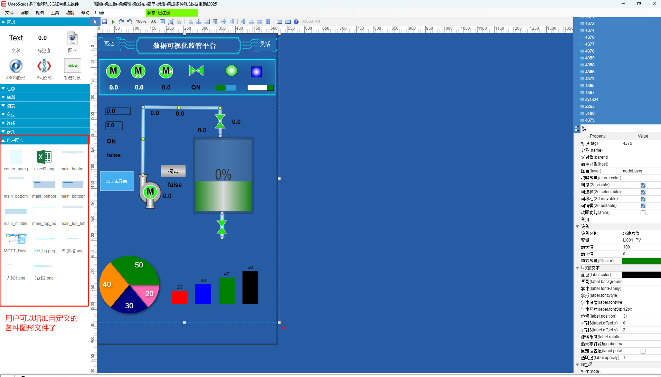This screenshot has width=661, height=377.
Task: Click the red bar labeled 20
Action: coord(179,297)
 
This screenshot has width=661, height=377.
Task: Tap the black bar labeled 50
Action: coord(250,288)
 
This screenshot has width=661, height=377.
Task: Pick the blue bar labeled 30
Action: coord(203,294)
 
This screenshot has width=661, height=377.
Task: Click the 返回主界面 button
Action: coord(117,181)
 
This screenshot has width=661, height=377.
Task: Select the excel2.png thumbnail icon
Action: coord(44,157)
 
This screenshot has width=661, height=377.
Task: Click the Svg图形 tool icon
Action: coord(44,66)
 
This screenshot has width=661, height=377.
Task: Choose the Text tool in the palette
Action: coord(16,38)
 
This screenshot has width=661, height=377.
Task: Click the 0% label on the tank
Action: coord(223,175)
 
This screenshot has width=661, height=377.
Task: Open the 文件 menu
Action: coord(9,13)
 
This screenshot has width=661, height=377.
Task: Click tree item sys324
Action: coord(592,100)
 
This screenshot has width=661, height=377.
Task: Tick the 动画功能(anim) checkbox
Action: coord(643,213)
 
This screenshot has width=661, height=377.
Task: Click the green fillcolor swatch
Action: coord(641,261)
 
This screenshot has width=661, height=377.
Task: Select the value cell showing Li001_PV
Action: coord(641,240)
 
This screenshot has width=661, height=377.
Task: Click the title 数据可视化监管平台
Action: coord(185,46)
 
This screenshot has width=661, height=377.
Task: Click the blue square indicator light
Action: coord(256,72)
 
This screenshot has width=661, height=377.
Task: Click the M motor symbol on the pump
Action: coord(150,191)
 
